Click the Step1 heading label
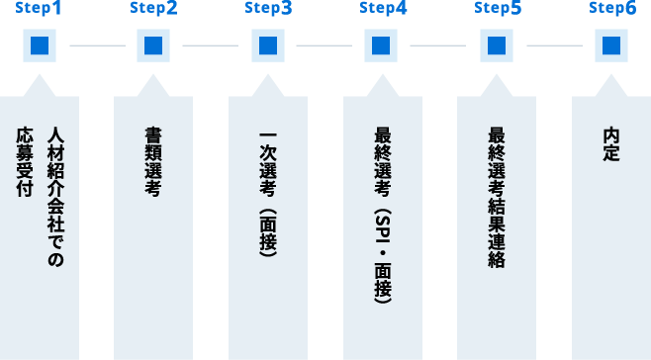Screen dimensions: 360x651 [x=39, y=9]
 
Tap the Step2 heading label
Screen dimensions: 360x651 [x=153, y=9]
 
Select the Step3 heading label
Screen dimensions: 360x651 [x=268, y=9]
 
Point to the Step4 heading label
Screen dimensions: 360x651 [x=383, y=9]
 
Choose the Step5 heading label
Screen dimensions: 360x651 [x=498, y=9]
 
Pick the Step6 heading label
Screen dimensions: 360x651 [x=612, y=9]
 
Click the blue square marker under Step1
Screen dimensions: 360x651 [x=39, y=45]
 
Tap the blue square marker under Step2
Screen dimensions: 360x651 [x=153, y=45]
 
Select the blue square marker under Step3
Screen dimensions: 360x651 [x=268, y=45]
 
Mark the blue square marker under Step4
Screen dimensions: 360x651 [x=382, y=45]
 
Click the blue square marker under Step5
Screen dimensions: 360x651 [x=497, y=45]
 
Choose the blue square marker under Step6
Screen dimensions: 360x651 [x=611, y=45]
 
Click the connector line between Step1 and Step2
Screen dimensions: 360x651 [x=97, y=45]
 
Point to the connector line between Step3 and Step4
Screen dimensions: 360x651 [x=324, y=45]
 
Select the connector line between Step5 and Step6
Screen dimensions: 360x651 [x=554, y=45]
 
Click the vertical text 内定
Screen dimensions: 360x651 [x=611, y=144]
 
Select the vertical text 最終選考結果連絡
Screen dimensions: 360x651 [x=497, y=198]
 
